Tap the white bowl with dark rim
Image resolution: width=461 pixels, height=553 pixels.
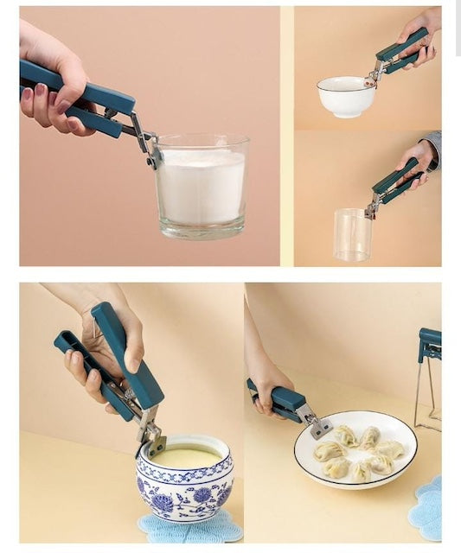pos(345,96)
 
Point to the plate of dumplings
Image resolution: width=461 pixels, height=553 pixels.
pos(355,448)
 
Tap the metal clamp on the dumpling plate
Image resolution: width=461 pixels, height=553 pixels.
pos(317,424)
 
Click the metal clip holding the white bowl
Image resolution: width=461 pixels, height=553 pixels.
pos(374,75)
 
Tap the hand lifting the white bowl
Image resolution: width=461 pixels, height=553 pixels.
pos(419,35)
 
